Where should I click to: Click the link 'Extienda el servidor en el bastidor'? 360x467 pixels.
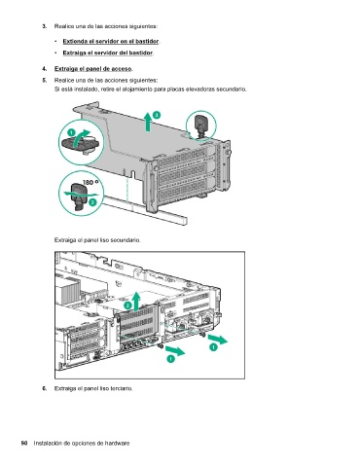(x=111, y=41)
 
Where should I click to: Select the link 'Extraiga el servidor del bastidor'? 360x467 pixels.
(x=108, y=53)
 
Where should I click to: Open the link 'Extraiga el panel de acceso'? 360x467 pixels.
(x=93, y=69)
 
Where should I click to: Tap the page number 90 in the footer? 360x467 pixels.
(x=24, y=443)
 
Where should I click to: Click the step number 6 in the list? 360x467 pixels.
(x=45, y=388)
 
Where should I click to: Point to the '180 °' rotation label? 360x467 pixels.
(x=90, y=183)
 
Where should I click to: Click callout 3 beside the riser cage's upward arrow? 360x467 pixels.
(x=157, y=115)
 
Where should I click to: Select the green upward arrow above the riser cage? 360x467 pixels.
(x=148, y=122)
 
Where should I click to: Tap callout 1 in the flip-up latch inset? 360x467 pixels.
(x=71, y=132)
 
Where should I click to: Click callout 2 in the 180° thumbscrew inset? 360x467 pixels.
(x=92, y=202)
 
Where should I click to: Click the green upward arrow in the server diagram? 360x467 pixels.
(x=136, y=301)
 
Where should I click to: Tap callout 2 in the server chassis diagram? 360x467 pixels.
(x=128, y=305)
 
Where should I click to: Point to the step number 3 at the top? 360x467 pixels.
(x=45, y=26)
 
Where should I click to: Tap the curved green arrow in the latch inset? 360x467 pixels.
(x=81, y=138)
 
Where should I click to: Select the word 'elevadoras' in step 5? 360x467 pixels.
(x=199, y=90)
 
